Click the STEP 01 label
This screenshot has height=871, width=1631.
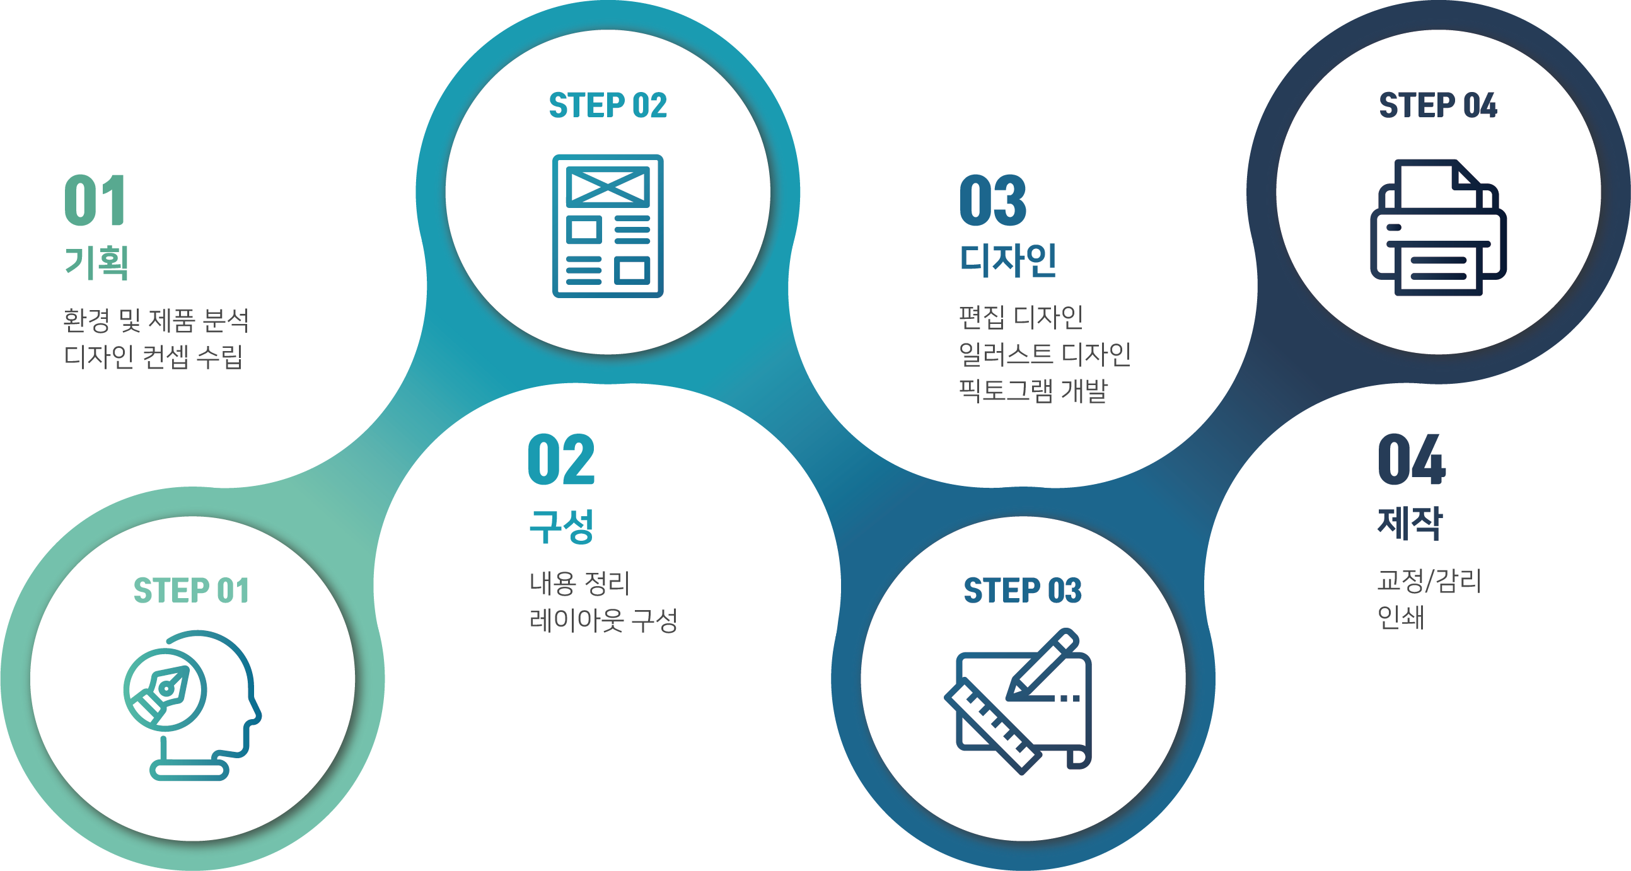(191, 591)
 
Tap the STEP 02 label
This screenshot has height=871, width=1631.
(608, 105)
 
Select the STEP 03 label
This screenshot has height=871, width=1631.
(1023, 591)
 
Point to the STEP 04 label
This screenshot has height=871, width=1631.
(1438, 105)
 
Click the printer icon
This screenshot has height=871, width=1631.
(1439, 228)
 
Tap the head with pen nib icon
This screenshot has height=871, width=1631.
(192, 705)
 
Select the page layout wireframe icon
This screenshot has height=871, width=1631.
(608, 226)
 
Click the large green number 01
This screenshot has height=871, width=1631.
(95, 200)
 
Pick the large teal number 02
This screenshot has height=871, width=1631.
(562, 459)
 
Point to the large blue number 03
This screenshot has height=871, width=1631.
(993, 200)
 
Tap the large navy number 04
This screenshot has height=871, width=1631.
(1412, 459)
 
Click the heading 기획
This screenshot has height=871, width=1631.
(97, 262)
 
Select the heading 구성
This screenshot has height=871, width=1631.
(562, 526)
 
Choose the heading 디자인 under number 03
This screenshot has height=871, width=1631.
(1008, 260)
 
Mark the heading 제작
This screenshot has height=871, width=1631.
(1410, 523)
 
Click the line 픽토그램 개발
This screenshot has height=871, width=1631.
(1033, 391)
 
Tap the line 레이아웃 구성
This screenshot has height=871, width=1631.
(603, 620)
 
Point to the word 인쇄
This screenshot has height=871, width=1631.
(1400, 617)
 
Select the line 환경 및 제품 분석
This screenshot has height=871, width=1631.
(156, 320)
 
